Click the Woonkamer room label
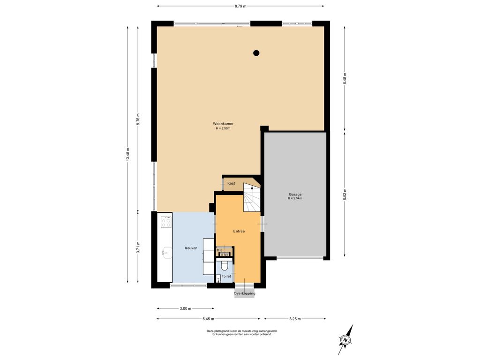(x=223, y=124)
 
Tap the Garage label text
(x=295, y=195)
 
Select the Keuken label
(x=191, y=248)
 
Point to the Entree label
(x=239, y=231)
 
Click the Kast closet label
(x=231, y=183)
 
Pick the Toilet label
(x=226, y=276)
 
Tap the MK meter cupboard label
(x=219, y=250)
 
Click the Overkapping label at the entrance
(x=245, y=293)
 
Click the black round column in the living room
(x=256, y=53)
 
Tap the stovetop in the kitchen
(x=166, y=222)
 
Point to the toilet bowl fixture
(x=225, y=266)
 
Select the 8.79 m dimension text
(x=240, y=6)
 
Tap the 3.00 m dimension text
(x=186, y=308)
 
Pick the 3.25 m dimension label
(x=295, y=319)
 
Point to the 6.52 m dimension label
(x=345, y=195)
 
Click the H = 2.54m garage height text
(x=295, y=198)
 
